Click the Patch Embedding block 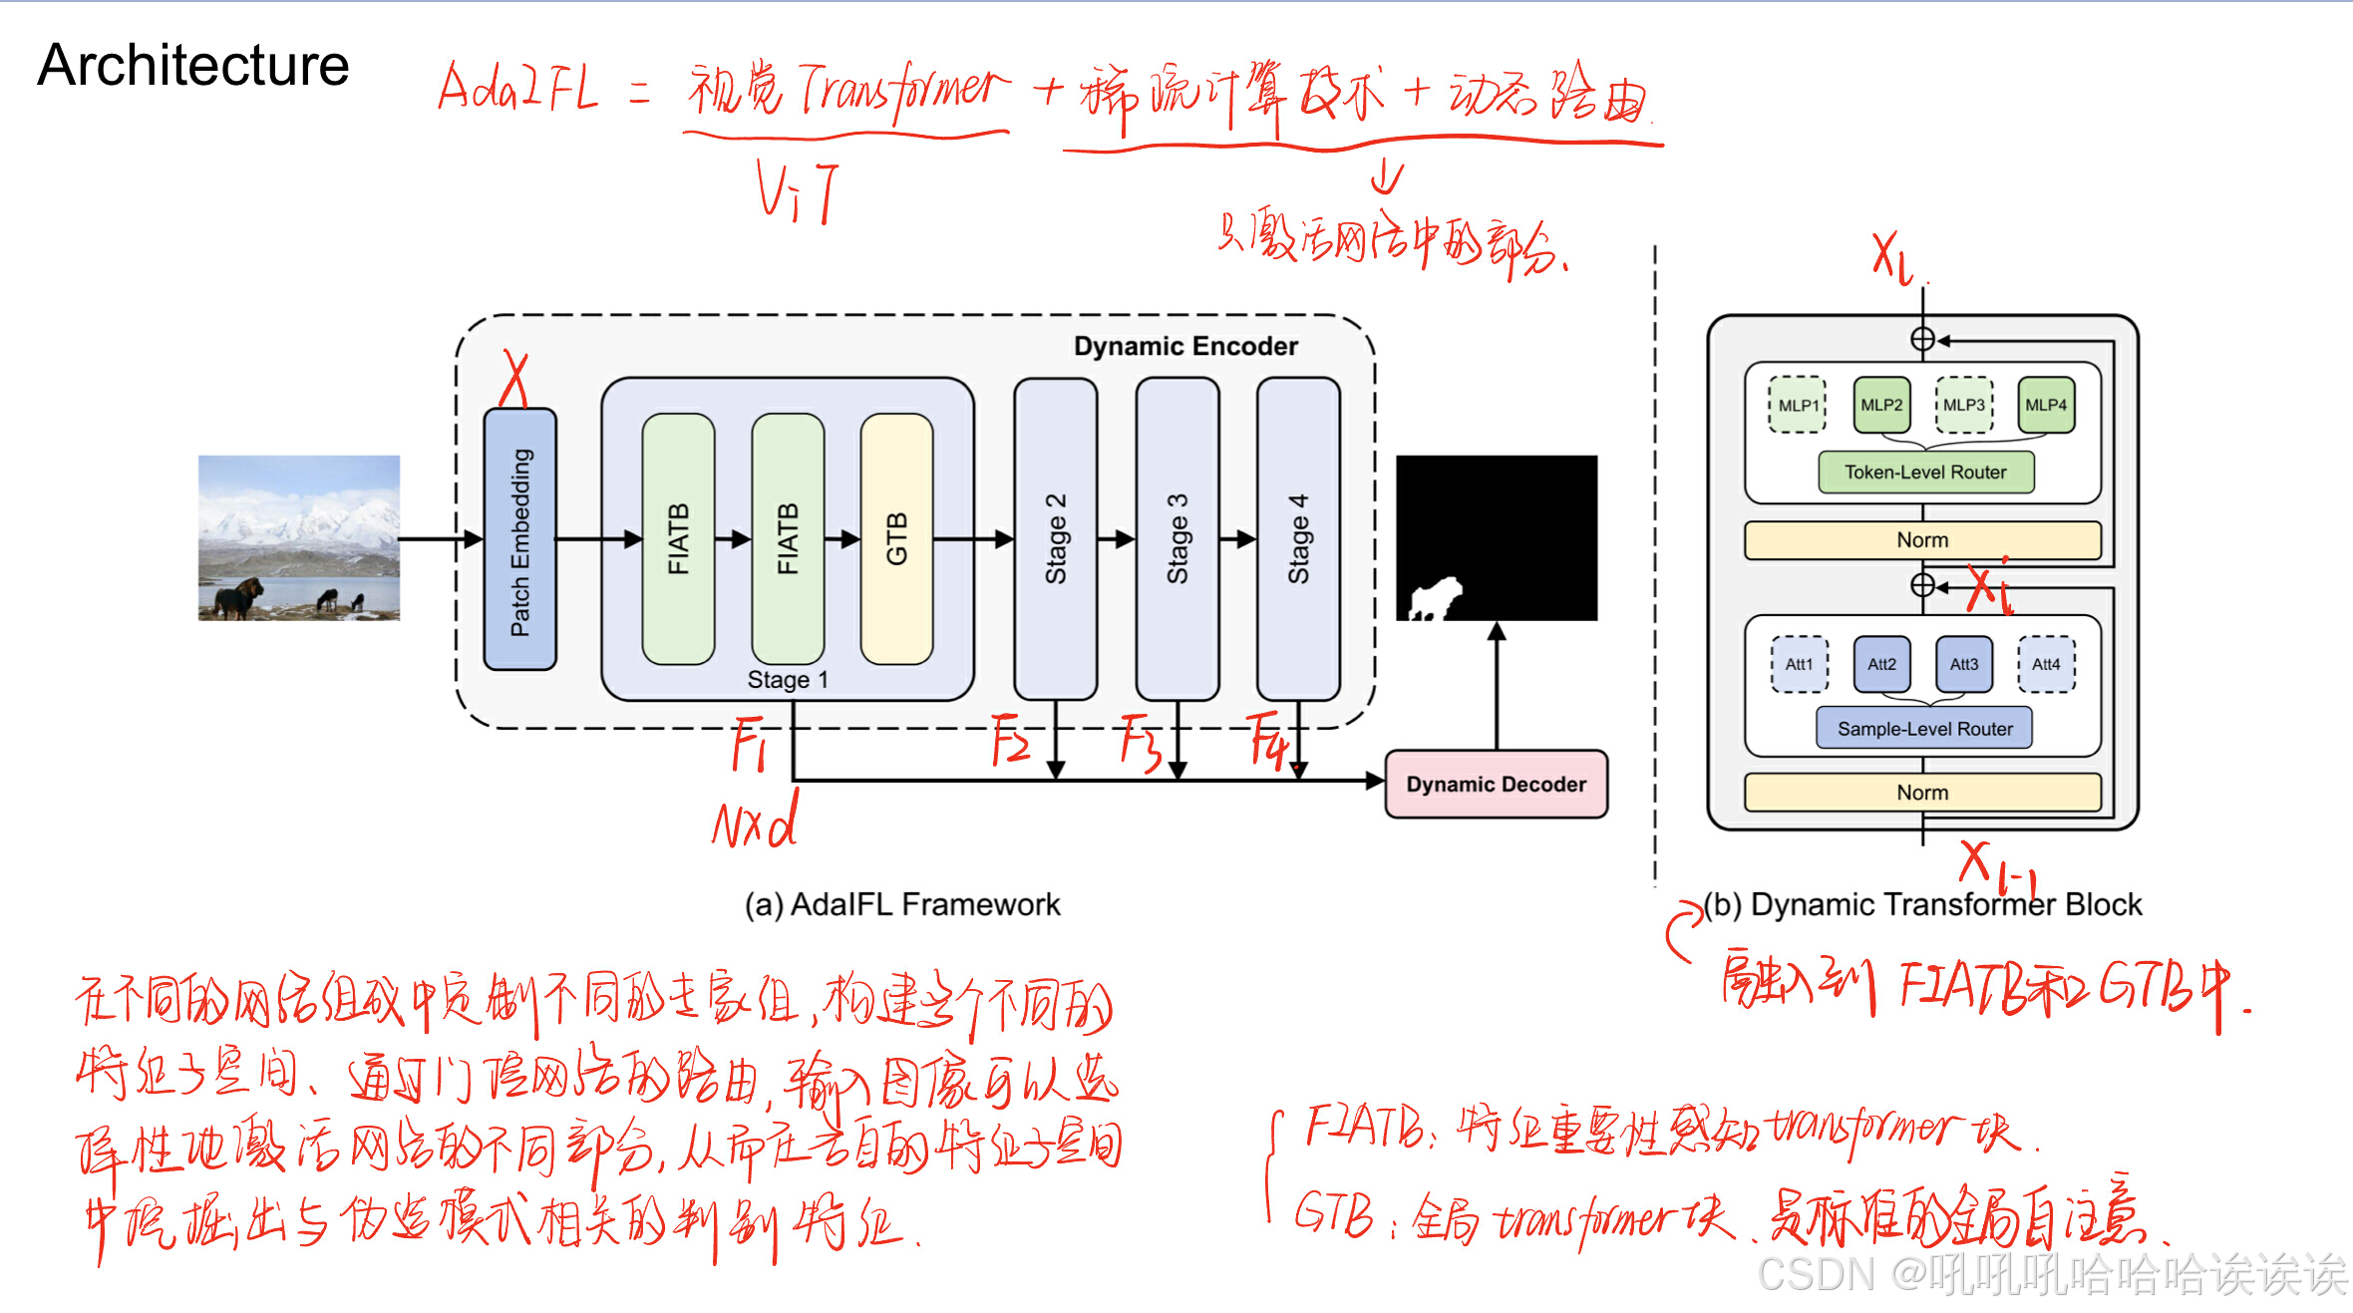[x=519, y=539]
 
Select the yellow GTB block [x=896, y=539]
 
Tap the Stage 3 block [x=1177, y=539]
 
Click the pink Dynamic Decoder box [x=1496, y=785]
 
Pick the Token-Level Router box [x=1924, y=473]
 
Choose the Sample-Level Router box [x=1924, y=729]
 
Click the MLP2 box [x=1881, y=405]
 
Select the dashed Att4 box [x=2046, y=664]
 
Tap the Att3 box [x=1963, y=664]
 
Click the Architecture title [x=193, y=66]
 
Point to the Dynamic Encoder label [x=1185, y=346]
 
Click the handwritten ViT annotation [x=796, y=192]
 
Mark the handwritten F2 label [x=1009, y=741]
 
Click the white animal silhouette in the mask [x=1436, y=599]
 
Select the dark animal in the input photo [x=237, y=596]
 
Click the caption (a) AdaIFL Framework [x=902, y=904]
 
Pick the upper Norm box [x=1922, y=540]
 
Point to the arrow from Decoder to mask [x=1497, y=688]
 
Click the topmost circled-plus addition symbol [x=1922, y=340]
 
